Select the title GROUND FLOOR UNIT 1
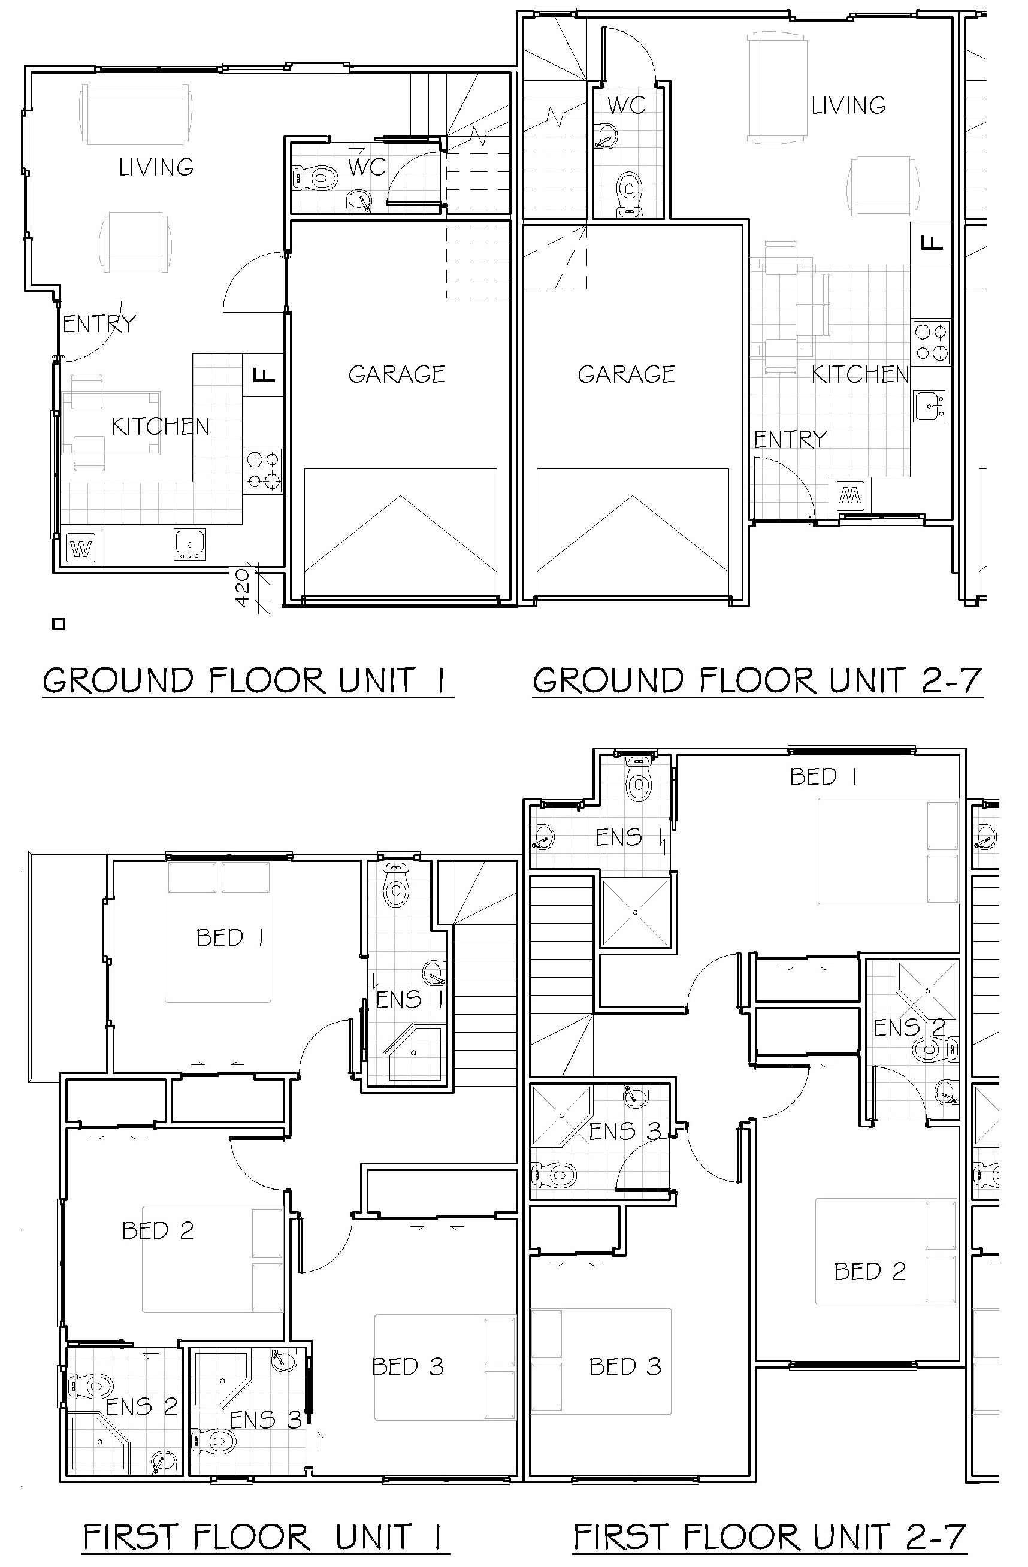(247, 681)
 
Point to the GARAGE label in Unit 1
(397, 374)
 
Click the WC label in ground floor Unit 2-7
(626, 105)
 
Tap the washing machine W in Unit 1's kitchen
(81, 548)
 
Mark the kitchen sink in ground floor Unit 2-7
(930, 406)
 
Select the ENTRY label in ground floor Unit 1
(99, 323)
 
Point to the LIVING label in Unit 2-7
(848, 105)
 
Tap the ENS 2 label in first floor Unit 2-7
(909, 1027)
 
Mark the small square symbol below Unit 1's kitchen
(59, 624)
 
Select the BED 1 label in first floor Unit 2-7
(823, 777)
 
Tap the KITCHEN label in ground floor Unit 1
(161, 426)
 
